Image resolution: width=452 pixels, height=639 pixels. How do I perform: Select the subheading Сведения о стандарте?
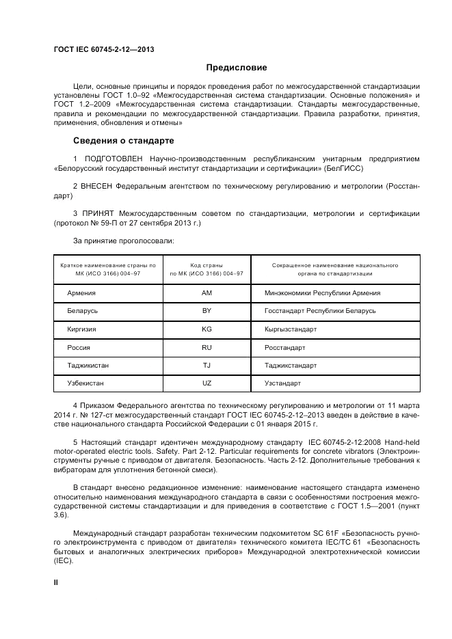[124, 141]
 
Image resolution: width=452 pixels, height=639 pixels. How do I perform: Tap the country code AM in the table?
[207, 293]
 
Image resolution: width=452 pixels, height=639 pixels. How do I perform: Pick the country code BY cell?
[207, 311]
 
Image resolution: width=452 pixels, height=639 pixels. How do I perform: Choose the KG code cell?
[207, 329]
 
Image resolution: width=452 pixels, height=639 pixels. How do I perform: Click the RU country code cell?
[207, 347]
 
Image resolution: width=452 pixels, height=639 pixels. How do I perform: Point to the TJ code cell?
[207, 366]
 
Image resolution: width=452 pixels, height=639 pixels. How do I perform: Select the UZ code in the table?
[207, 383]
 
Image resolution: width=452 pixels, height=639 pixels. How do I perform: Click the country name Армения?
[81, 293]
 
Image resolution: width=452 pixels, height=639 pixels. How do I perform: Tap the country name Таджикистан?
[88, 366]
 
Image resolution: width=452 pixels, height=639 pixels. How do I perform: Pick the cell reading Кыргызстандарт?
[291, 329]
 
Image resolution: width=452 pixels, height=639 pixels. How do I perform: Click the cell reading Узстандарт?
[282, 383]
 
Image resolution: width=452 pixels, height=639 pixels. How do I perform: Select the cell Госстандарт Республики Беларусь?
[320, 311]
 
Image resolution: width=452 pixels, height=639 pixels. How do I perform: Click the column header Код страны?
[207, 264]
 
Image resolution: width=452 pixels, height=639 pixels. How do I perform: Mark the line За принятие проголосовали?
[124, 241]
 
